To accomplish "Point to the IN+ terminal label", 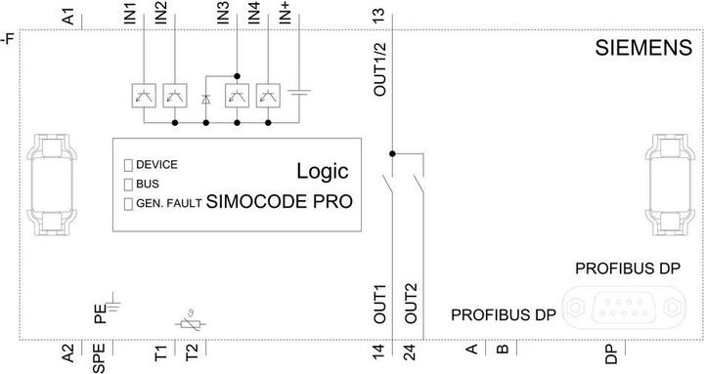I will click(x=284, y=15).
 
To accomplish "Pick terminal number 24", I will click(x=411, y=353).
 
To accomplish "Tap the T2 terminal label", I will click(x=193, y=353).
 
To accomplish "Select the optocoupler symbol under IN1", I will click(x=143, y=95).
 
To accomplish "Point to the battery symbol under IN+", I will click(x=301, y=96).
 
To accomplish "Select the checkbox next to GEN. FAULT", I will click(x=127, y=203).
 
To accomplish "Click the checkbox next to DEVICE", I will click(x=127, y=164).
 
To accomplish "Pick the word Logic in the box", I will click(x=323, y=172).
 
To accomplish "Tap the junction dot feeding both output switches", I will click(x=392, y=153).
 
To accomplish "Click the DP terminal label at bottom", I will click(x=610, y=353).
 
